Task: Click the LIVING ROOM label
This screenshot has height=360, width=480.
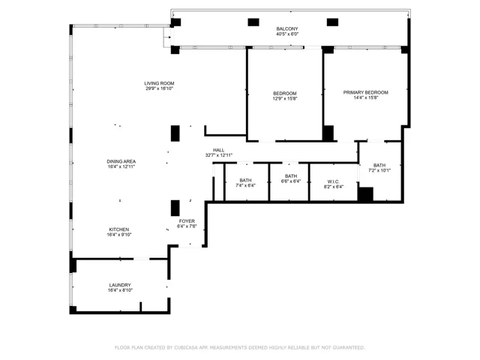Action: pos(159,83)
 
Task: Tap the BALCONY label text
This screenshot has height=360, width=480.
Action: pos(287,28)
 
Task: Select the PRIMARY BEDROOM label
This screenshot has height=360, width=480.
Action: pos(365,92)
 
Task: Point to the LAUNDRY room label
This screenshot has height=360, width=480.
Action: pos(120,285)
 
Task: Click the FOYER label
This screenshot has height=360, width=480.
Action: pos(187,221)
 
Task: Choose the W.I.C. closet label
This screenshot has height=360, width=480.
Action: pos(333,181)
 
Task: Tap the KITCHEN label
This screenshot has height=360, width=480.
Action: pos(119,229)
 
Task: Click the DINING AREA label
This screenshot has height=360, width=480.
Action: pos(121,161)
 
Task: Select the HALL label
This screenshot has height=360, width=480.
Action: pos(218,150)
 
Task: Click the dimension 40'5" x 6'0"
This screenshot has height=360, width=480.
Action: pos(287,34)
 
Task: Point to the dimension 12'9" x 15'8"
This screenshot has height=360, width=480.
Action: pos(285,98)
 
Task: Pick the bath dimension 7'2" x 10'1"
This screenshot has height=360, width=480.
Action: pos(379,170)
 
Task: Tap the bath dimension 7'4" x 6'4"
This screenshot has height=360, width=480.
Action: pos(245,185)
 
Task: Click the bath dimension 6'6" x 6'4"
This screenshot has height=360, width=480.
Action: pos(291,181)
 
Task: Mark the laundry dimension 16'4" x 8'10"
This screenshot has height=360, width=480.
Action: pos(120,290)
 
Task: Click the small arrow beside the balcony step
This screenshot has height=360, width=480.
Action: pos(169,37)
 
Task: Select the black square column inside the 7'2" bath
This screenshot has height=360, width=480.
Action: pos(365,194)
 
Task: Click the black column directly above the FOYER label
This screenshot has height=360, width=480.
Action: pos(175,208)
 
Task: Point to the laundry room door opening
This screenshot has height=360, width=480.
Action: pos(142,259)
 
